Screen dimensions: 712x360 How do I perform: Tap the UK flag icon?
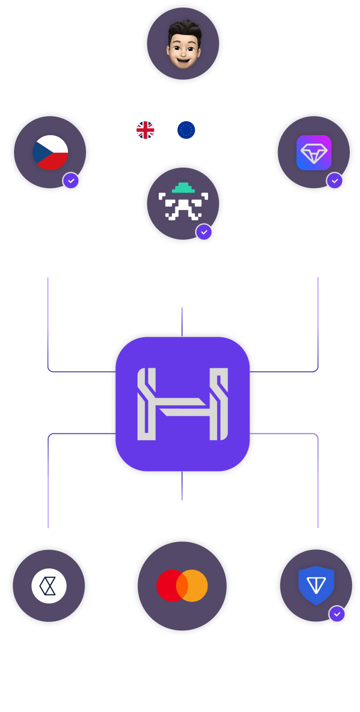(x=145, y=129)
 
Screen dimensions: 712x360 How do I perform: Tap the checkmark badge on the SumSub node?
(x=203, y=232)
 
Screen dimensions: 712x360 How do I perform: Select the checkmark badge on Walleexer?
(x=71, y=180)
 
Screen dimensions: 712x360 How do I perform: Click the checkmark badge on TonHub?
(x=334, y=180)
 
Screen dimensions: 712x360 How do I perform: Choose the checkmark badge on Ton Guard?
(x=337, y=613)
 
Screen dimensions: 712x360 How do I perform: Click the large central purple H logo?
(x=182, y=404)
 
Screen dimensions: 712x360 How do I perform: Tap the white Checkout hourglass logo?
(x=49, y=585)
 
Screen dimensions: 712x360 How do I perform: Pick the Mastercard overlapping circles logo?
(x=182, y=585)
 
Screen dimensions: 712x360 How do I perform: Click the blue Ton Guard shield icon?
(x=316, y=585)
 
